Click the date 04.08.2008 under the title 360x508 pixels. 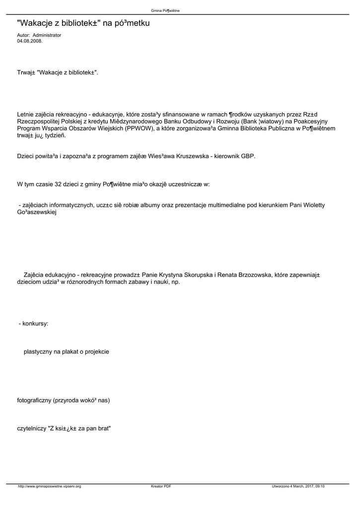30,41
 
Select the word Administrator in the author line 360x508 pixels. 47,36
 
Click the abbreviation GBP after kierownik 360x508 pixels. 248,156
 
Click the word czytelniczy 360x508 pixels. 32,428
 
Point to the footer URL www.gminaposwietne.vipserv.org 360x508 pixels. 49,486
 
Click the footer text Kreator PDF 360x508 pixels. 161,486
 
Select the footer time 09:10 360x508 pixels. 319,486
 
